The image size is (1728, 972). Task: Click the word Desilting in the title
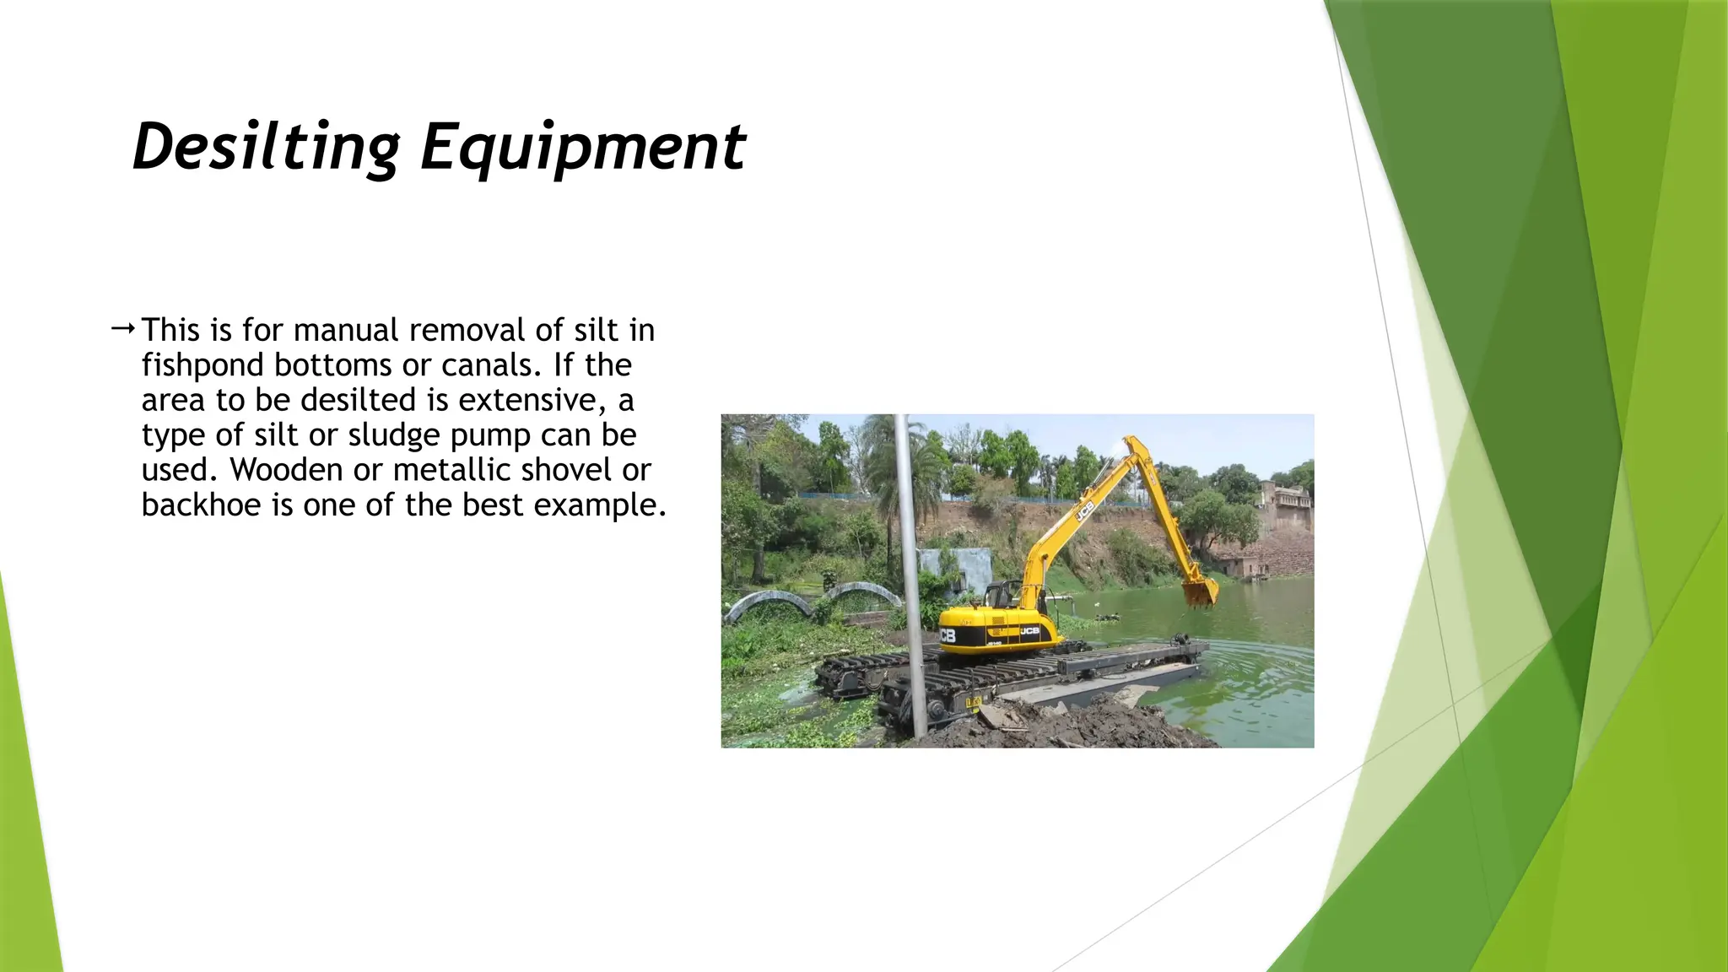[266, 147]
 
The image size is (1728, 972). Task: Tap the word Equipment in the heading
[582, 147]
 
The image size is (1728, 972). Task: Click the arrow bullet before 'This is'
[122, 328]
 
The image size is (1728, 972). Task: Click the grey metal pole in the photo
[910, 574]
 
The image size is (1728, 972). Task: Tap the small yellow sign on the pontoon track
[973, 702]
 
